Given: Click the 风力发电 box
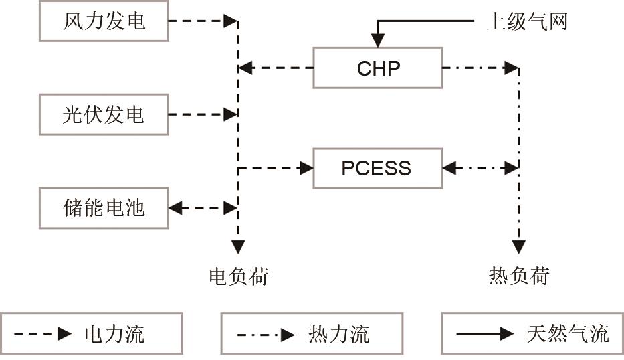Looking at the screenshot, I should [104, 21].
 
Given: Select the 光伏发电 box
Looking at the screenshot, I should [104, 114].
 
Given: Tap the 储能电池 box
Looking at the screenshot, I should [104, 207].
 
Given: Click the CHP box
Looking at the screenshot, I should [378, 68].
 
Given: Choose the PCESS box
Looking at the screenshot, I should [378, 167].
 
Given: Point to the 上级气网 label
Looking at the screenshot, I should [526, 21].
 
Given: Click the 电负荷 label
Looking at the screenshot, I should [238, 275].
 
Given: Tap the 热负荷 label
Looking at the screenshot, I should [518, 275].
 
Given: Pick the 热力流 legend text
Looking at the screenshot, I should [339, 333].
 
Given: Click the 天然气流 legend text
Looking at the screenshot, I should [568, 333].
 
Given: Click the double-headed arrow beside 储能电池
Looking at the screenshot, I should [203, 207].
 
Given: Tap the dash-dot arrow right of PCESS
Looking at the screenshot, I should [480, 167].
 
